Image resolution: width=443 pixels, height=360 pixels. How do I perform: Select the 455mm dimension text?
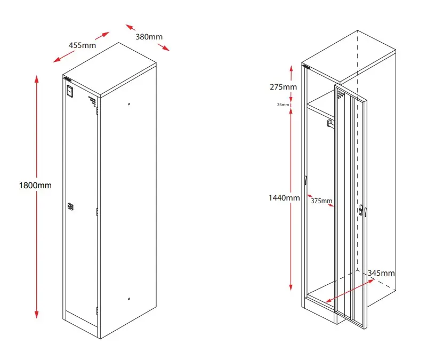[x=82, y=45]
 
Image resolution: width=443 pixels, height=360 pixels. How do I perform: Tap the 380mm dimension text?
[x=149, y=37]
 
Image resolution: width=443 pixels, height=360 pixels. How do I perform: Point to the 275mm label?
[x=283, y=87]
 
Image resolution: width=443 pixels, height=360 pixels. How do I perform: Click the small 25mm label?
[x=283, y=105]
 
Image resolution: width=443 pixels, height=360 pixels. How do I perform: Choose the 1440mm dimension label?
[x=284, y=198]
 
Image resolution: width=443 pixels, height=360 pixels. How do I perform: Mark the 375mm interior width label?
[x=321, y=201]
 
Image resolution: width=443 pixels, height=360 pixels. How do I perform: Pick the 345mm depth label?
[x=381, y=273]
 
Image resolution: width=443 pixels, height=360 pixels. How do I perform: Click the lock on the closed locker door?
[x=71, y=206]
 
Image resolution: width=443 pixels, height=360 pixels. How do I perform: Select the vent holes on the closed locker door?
[x=92, y=100]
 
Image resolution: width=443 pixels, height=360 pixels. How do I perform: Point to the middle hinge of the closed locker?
[x=97, y=212]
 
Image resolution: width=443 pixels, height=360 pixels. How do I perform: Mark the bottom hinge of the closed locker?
[x=97, y=310]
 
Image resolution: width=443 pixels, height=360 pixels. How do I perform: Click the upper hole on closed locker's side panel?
[x=130, y=104]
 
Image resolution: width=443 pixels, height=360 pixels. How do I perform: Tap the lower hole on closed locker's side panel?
[x=130, y=299]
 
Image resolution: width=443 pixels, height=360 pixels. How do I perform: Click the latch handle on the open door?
[x=363, y=211]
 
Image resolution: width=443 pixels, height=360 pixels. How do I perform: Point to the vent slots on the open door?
[x=340, y=95]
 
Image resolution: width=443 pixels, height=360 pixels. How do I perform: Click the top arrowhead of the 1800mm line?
[x=36, y=78]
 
